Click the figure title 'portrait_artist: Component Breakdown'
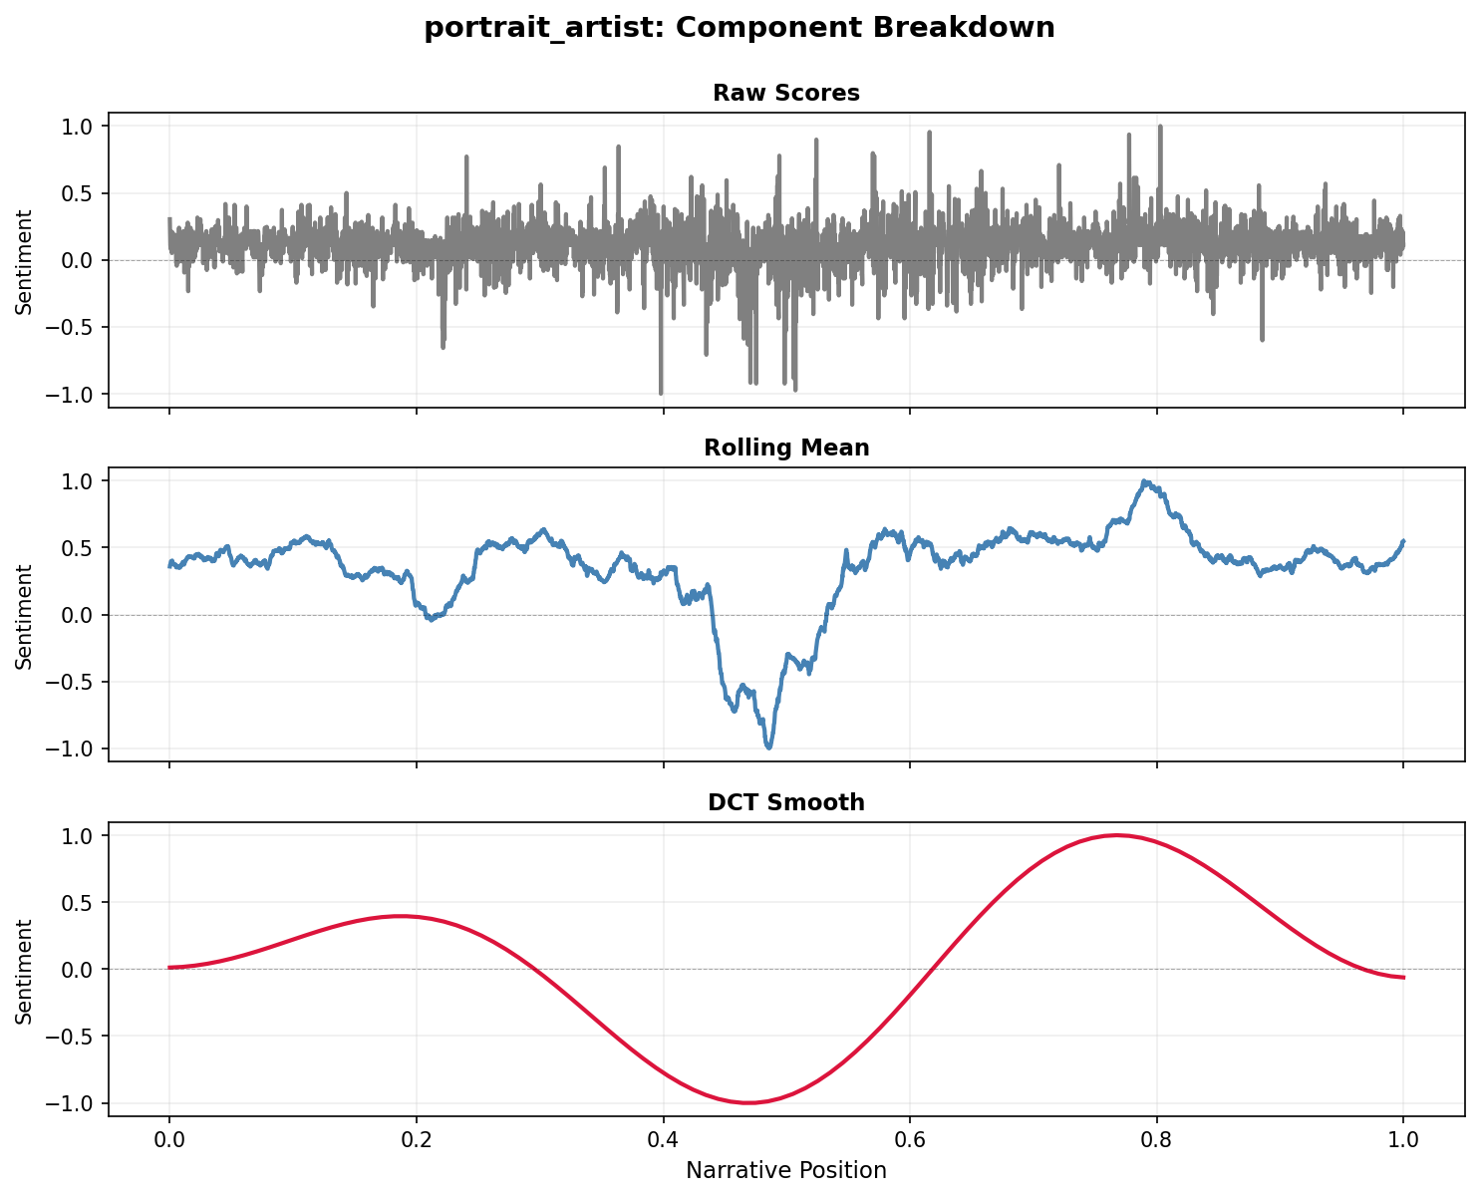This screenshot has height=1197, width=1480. pyautogui.click(x=740, y=28)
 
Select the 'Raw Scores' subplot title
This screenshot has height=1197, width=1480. pyautogui.click(x=786, y=94)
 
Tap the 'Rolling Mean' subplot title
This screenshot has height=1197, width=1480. pyautogui.click(x=786, y=449)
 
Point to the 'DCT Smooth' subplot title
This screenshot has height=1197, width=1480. pyautogui.click(x=786, y=802)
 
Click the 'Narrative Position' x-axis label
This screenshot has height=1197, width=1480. pyautogui.click(x=786, y=1170)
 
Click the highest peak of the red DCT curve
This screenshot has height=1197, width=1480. pyautogui.click(x=1116, y=835)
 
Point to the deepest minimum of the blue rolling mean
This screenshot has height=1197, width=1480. pyautogui.click(x=768, y=748)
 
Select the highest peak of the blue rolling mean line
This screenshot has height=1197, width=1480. pyautogui.click(x=1146, y=481)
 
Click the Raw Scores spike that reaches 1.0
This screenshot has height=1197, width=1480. pyautogui.click(x=1160, y=128)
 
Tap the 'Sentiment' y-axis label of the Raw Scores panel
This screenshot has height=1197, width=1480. pyautogui.click(x=25, y=261)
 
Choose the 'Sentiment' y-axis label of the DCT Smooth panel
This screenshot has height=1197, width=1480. pyautogui.click(x=25, y=970)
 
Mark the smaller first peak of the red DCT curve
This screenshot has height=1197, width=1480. pyautogui.click(x=401, y=916)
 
